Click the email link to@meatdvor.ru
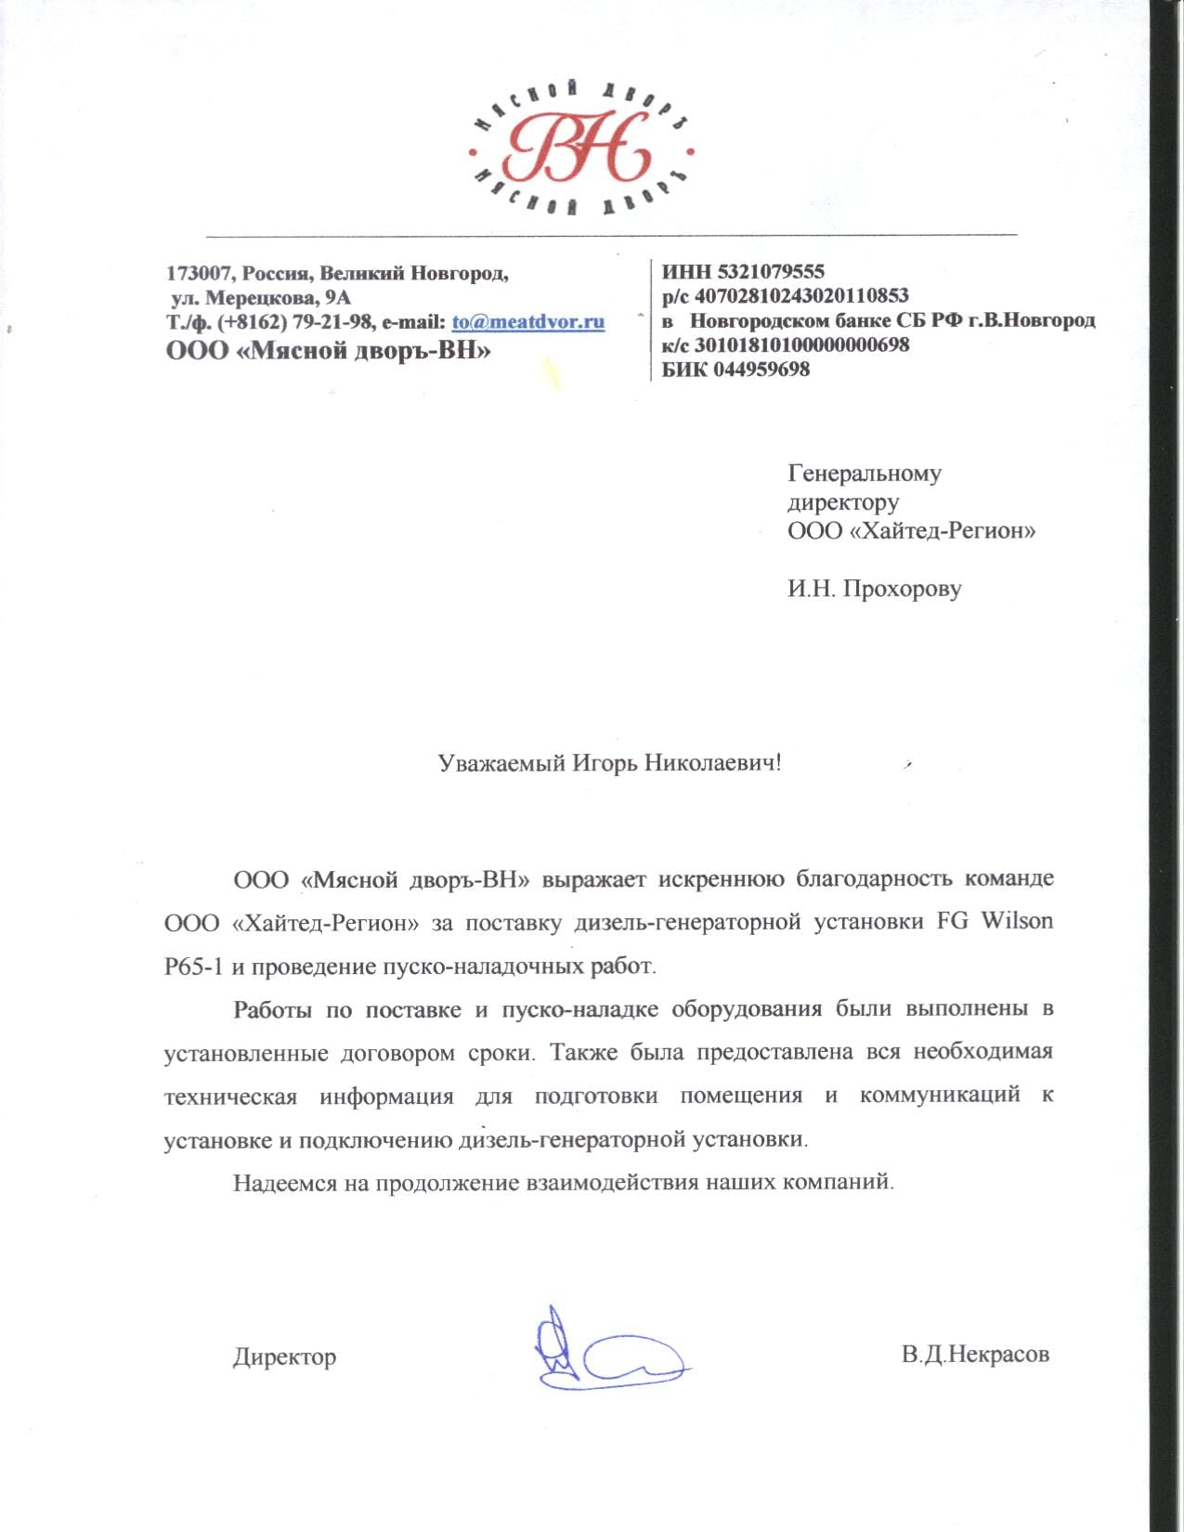(x=528, y=322)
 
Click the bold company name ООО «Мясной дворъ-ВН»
(x=328, y=350)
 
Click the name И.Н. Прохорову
(x=874, y=589)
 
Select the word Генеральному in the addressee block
(x=865, y=474)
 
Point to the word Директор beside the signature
(x=284, y=1357)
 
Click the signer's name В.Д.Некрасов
(x=975, y=1354)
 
